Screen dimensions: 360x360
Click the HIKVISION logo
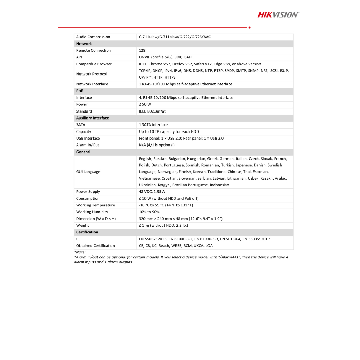(x=278, y=15)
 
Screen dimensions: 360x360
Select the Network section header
(x=84, y=44)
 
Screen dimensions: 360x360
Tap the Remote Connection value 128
(x=142, y=50)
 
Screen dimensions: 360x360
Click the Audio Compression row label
(x=93, y=37)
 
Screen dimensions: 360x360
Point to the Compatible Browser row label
(x=94, y=64)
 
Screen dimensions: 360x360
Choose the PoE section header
(x=79, y=91)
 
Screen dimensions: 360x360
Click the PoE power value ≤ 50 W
(x=145, y=104)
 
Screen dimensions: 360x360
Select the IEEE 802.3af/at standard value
(x=152, y=111)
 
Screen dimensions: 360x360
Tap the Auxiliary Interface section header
(x=92, y=118)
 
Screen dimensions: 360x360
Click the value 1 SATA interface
(x=153, y=125)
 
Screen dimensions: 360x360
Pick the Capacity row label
(x=84, y=131)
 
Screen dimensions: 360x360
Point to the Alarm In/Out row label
(x=88, y=145)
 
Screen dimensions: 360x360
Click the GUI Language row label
(x=88, y=172)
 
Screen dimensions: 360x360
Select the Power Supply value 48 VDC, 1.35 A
(x=152, y=192)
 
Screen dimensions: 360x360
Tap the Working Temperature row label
(x=96, y=205)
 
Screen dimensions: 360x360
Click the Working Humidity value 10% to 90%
(x=149, y=212)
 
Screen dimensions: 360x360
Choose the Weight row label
(x=83, y=225)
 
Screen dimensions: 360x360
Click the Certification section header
(x=87, y=232)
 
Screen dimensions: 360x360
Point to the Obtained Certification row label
(x=96, y=246)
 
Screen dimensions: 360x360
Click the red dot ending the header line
(x=249, y=27)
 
